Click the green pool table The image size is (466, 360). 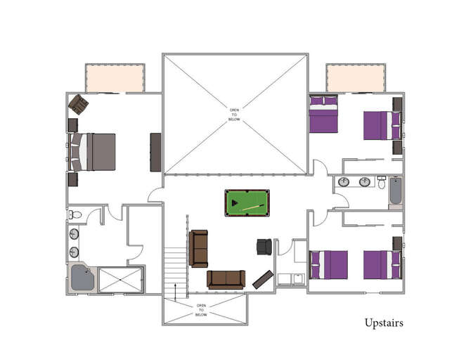(247, 203)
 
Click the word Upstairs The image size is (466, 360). (384, 323)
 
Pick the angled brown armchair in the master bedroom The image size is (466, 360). (78, 105)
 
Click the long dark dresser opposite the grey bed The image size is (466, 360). (155, 152)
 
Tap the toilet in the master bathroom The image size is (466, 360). (75, 214)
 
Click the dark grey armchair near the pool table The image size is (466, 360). (264, 247)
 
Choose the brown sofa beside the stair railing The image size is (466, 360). (198, 248)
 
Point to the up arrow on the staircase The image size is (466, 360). (175, 288)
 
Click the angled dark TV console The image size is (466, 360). (263, 278)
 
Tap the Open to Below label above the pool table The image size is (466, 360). (235, 115)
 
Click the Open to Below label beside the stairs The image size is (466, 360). (201, 310)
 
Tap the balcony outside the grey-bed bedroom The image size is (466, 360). (115, 77)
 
